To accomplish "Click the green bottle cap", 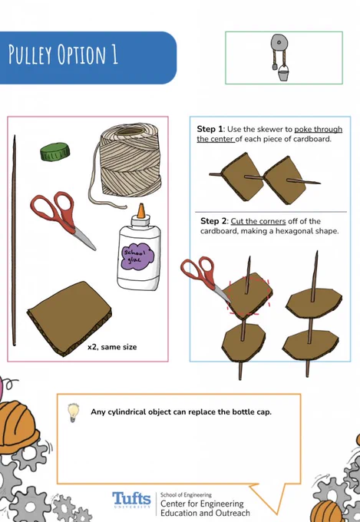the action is coord(55,151).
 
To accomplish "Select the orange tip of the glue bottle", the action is coord(141,211).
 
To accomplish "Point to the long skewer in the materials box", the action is coord(14,240).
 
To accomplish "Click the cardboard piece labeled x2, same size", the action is coord(70,319).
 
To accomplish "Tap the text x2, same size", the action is coord(112,347).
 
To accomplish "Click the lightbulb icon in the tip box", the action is coord(73,412).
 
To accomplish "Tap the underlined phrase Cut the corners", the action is coord(258,221).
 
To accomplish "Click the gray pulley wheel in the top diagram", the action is coord(279,43).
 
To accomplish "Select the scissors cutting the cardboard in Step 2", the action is coord(204,279).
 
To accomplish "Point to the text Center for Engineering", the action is coord(202,504).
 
